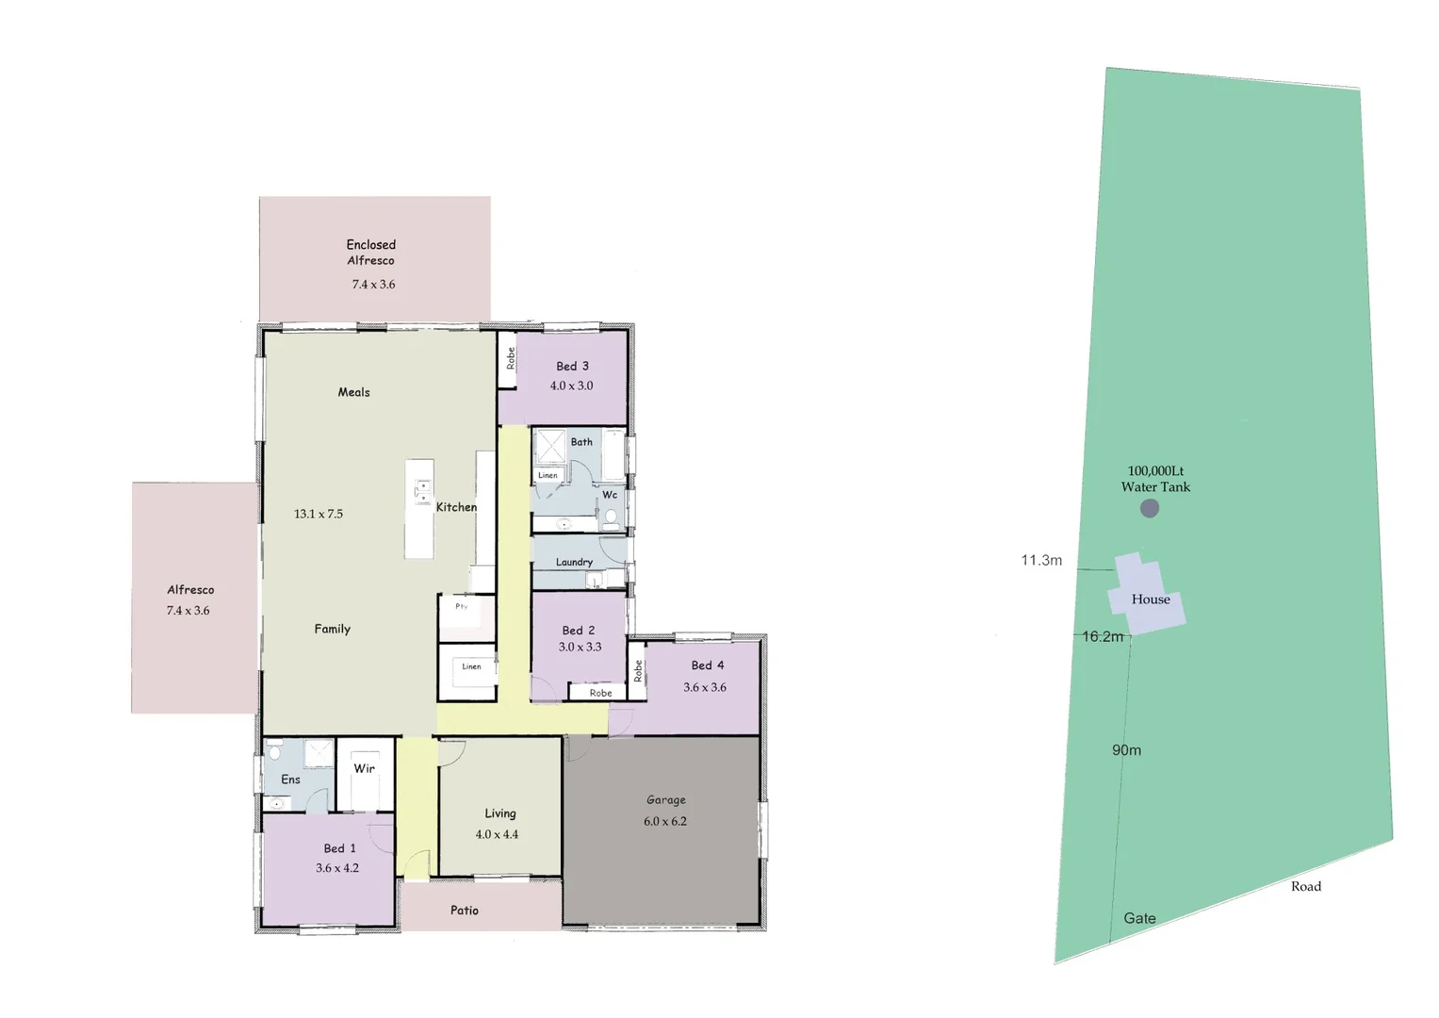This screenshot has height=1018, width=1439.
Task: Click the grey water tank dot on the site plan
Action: [x=1150, y=509]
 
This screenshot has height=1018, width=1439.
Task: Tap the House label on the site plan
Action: [x=1151, y=599]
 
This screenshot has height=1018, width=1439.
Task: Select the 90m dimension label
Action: [x=1126, y=750]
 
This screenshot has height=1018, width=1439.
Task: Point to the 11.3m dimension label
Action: [x=1041, y=560]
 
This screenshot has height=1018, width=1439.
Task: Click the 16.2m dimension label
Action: [x=1103, y=636]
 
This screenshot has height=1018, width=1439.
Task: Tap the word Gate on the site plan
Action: [x=1139, y=918]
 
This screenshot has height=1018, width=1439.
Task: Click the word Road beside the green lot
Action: [x=1306, y=886]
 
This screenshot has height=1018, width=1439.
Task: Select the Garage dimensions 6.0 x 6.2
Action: [x=665, y=821]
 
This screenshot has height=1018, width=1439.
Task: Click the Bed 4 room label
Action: [x=708, y=665]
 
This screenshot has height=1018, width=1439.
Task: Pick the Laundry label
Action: [x=574, y=562]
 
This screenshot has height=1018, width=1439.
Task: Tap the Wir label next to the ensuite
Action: [x=365, y=768]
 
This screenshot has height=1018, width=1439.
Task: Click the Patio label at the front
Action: [x=465, y=911]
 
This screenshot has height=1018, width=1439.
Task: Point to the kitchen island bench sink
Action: [x=422, y=491]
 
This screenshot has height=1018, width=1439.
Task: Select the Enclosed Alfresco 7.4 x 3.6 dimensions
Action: [x=374, y=284]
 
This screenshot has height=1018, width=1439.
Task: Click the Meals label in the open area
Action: [x=354, y=392]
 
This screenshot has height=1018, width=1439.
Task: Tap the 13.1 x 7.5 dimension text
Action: [x=319, y=514]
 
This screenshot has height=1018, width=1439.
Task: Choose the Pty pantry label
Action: [x=462, y=606]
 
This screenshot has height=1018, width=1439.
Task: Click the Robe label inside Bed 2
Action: [x=600, y=693]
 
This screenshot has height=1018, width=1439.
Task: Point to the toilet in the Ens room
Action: [x=275, y=749]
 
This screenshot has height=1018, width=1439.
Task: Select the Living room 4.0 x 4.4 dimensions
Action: [x=497, y=834]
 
